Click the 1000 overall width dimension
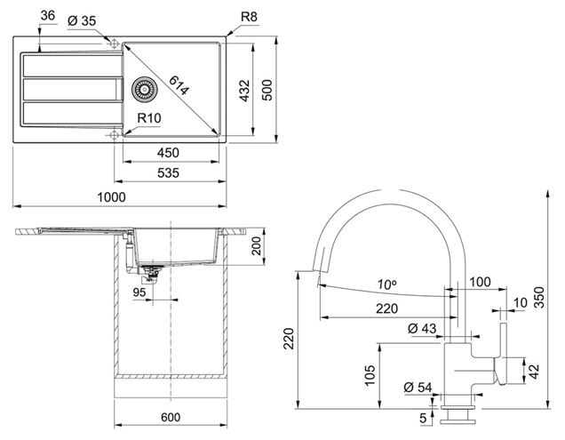click(x=112, y=197)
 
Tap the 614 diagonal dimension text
click(x=179, y=85)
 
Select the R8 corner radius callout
click(x=249, y=17)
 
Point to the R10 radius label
click(x=149, y=118)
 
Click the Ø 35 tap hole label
click(x=82, y=21)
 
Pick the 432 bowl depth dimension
click(x=244, y=91)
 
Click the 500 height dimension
click(x=267, y=90)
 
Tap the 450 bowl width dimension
click(x=168, y=153)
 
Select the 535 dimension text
click(x=168, y=173)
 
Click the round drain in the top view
click(x=144, y=89)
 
